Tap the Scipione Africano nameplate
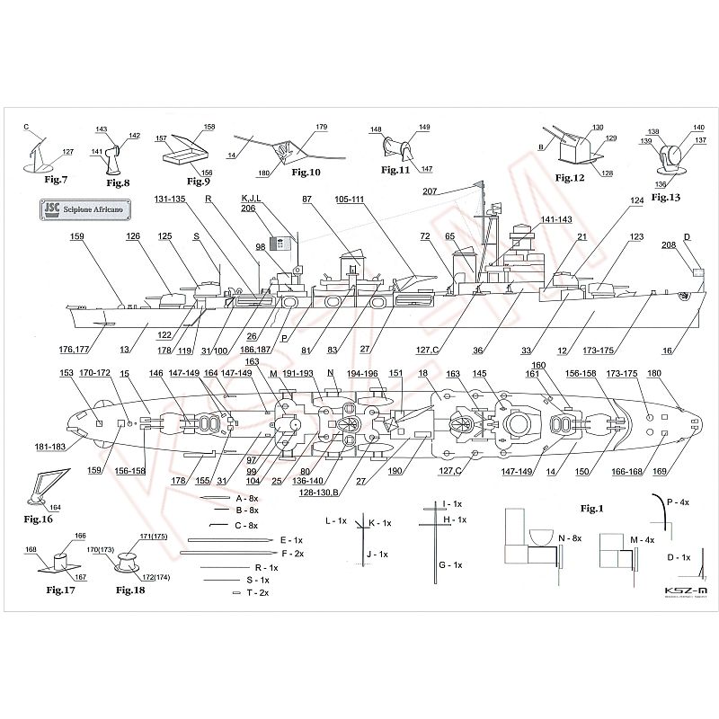(86, 210)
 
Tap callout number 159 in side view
(76, 237)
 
